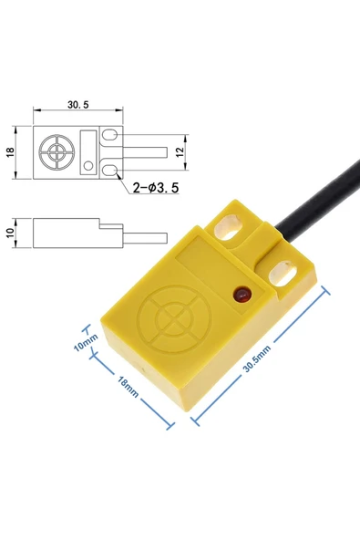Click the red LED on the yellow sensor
pyautogui.click(x=242, y=295)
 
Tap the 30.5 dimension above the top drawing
pyautogui.click(x=78, y=104)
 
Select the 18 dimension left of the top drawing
pyautogui.click(x=11, y=152)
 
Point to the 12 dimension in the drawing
pyautogui.click(x=180, y=151)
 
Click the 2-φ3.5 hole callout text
pyautogui.click(x=156, y=188)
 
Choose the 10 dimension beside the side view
pyautogui.click(x=11, y=233)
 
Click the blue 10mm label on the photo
pyautogui.click(x=86, y=343)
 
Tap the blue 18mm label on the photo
pyautogui.click(x=128, y=387)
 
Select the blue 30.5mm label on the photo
pyautogui.click(x=257, y=358)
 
